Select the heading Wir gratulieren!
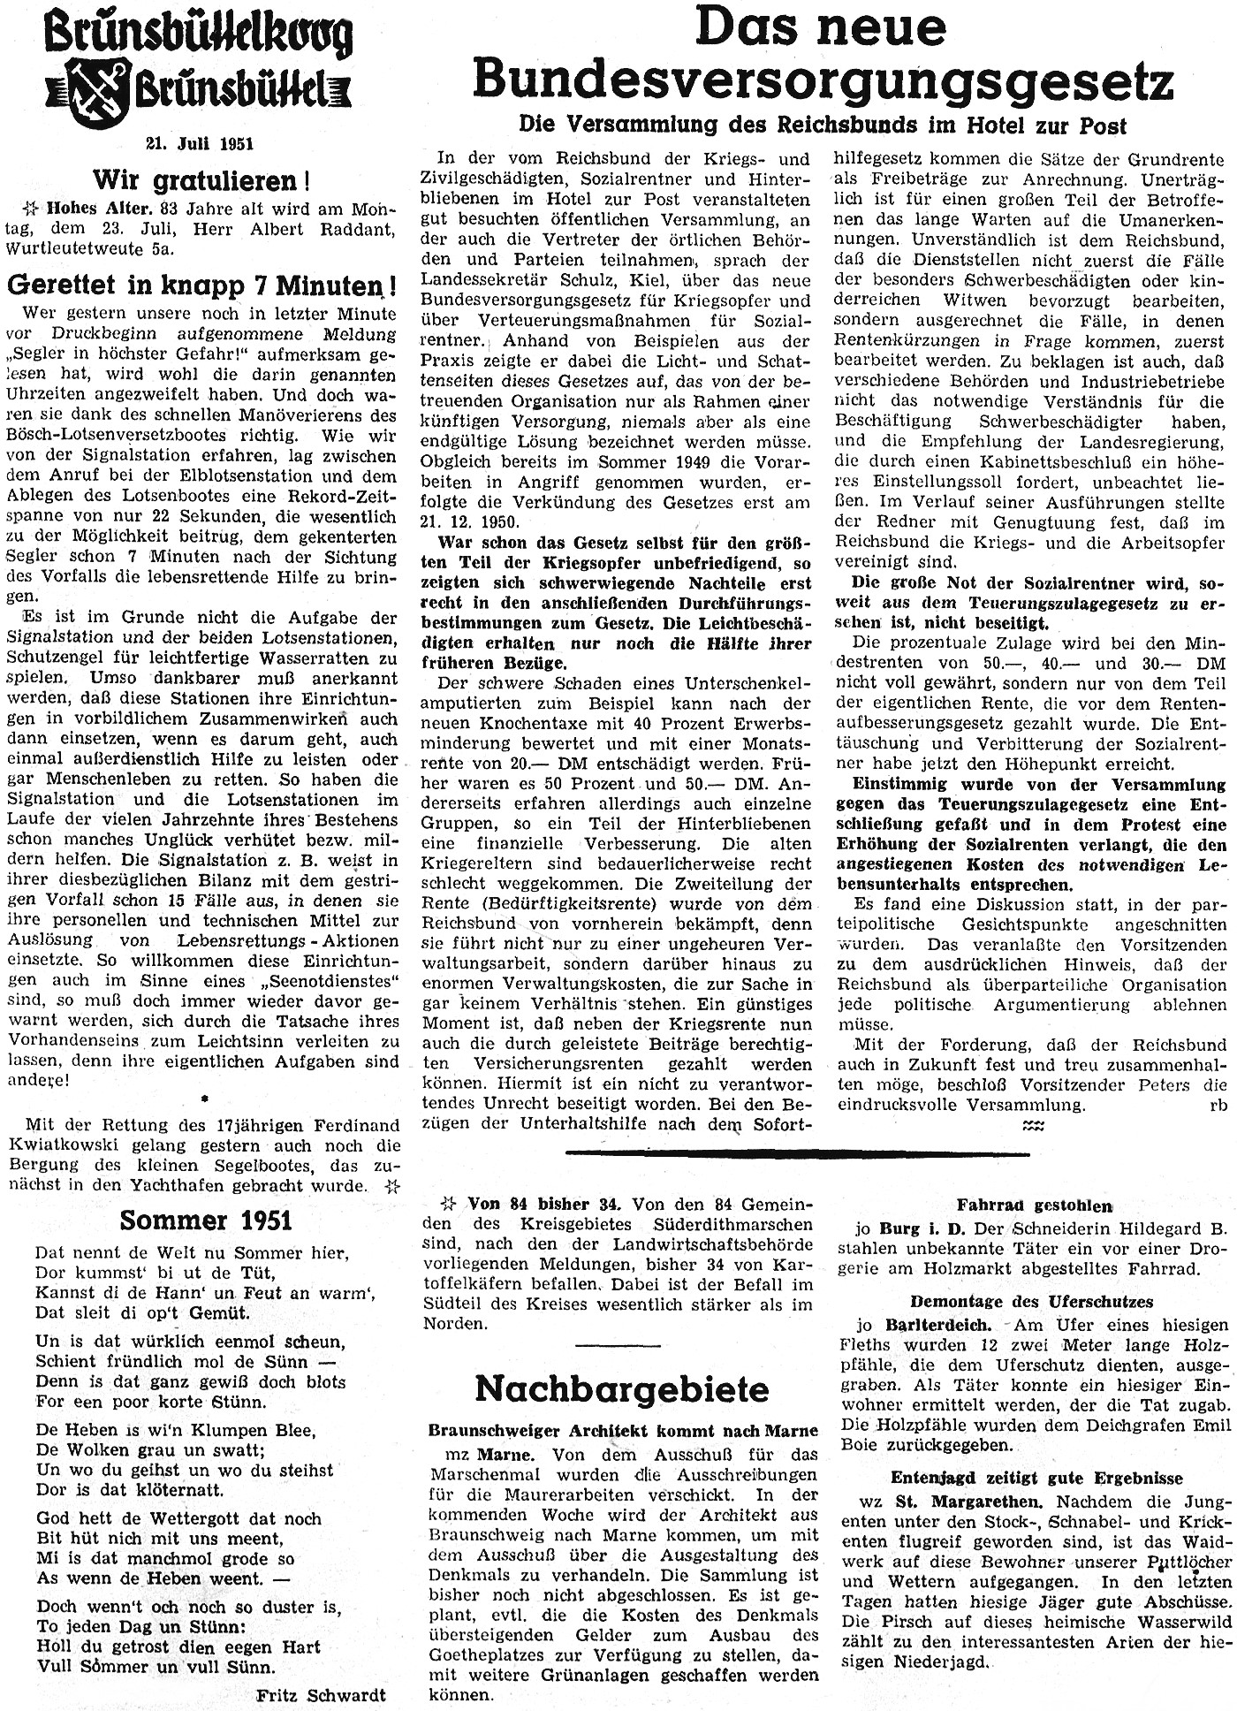coord(202,180)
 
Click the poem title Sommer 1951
coord(206,1220)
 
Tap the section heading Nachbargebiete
coord(622,1388)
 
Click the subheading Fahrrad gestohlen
coord(1034,1205)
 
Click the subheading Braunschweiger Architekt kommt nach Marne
coord(623,1431)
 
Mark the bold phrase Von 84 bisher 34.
coord(545,1204)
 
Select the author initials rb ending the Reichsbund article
coord(1218,1105)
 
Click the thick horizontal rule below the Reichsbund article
coord(797,1152)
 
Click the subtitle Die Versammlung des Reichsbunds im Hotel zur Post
coord(823,126)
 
